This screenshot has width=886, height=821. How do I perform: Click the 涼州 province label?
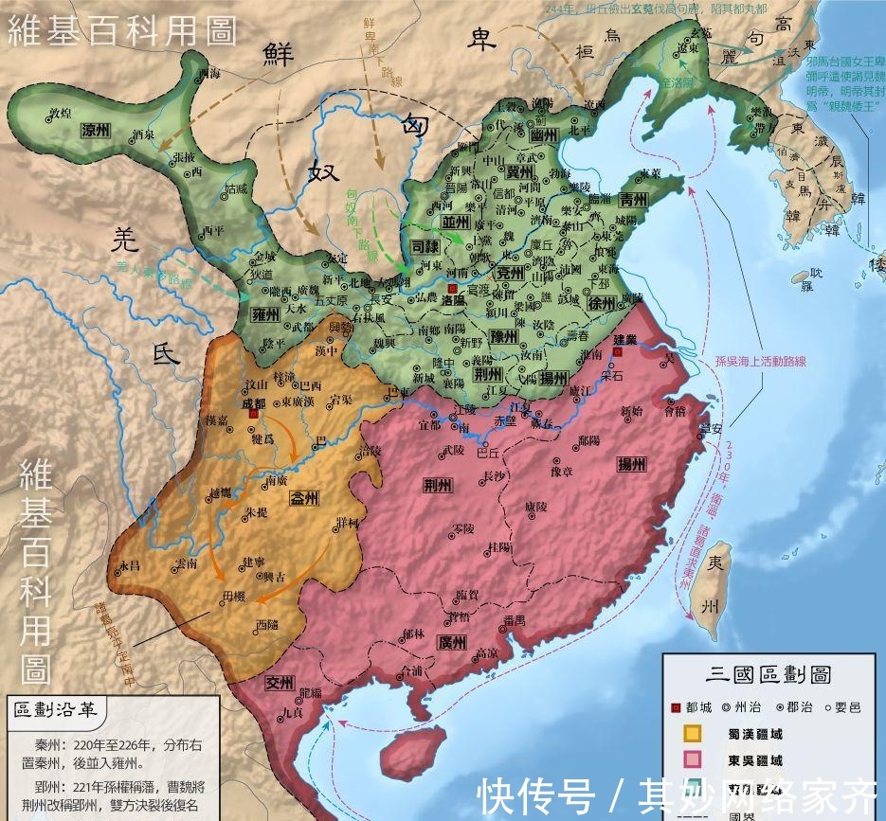[96, 129]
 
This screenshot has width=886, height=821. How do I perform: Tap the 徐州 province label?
[602, 304]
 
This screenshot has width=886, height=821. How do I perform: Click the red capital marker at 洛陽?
[453, 288]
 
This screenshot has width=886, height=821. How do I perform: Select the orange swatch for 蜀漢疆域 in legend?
[694, 732]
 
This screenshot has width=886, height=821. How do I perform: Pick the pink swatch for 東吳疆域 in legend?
[694, 759]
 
